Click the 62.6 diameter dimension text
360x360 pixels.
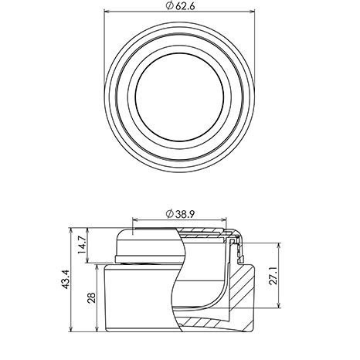pos(185,6)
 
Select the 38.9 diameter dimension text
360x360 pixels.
pos(185,214)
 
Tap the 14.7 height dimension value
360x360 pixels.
pos(83,245)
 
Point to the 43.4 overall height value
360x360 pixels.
pos(65,280)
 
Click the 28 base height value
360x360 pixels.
pos(91,297)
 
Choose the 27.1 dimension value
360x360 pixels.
pos(273,275)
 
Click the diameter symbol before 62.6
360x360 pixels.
pos(169,6)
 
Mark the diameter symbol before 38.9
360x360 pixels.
pos(169,214)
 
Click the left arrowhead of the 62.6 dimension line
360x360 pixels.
pos(107,12)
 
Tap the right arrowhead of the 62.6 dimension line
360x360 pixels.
pos(252,12)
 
